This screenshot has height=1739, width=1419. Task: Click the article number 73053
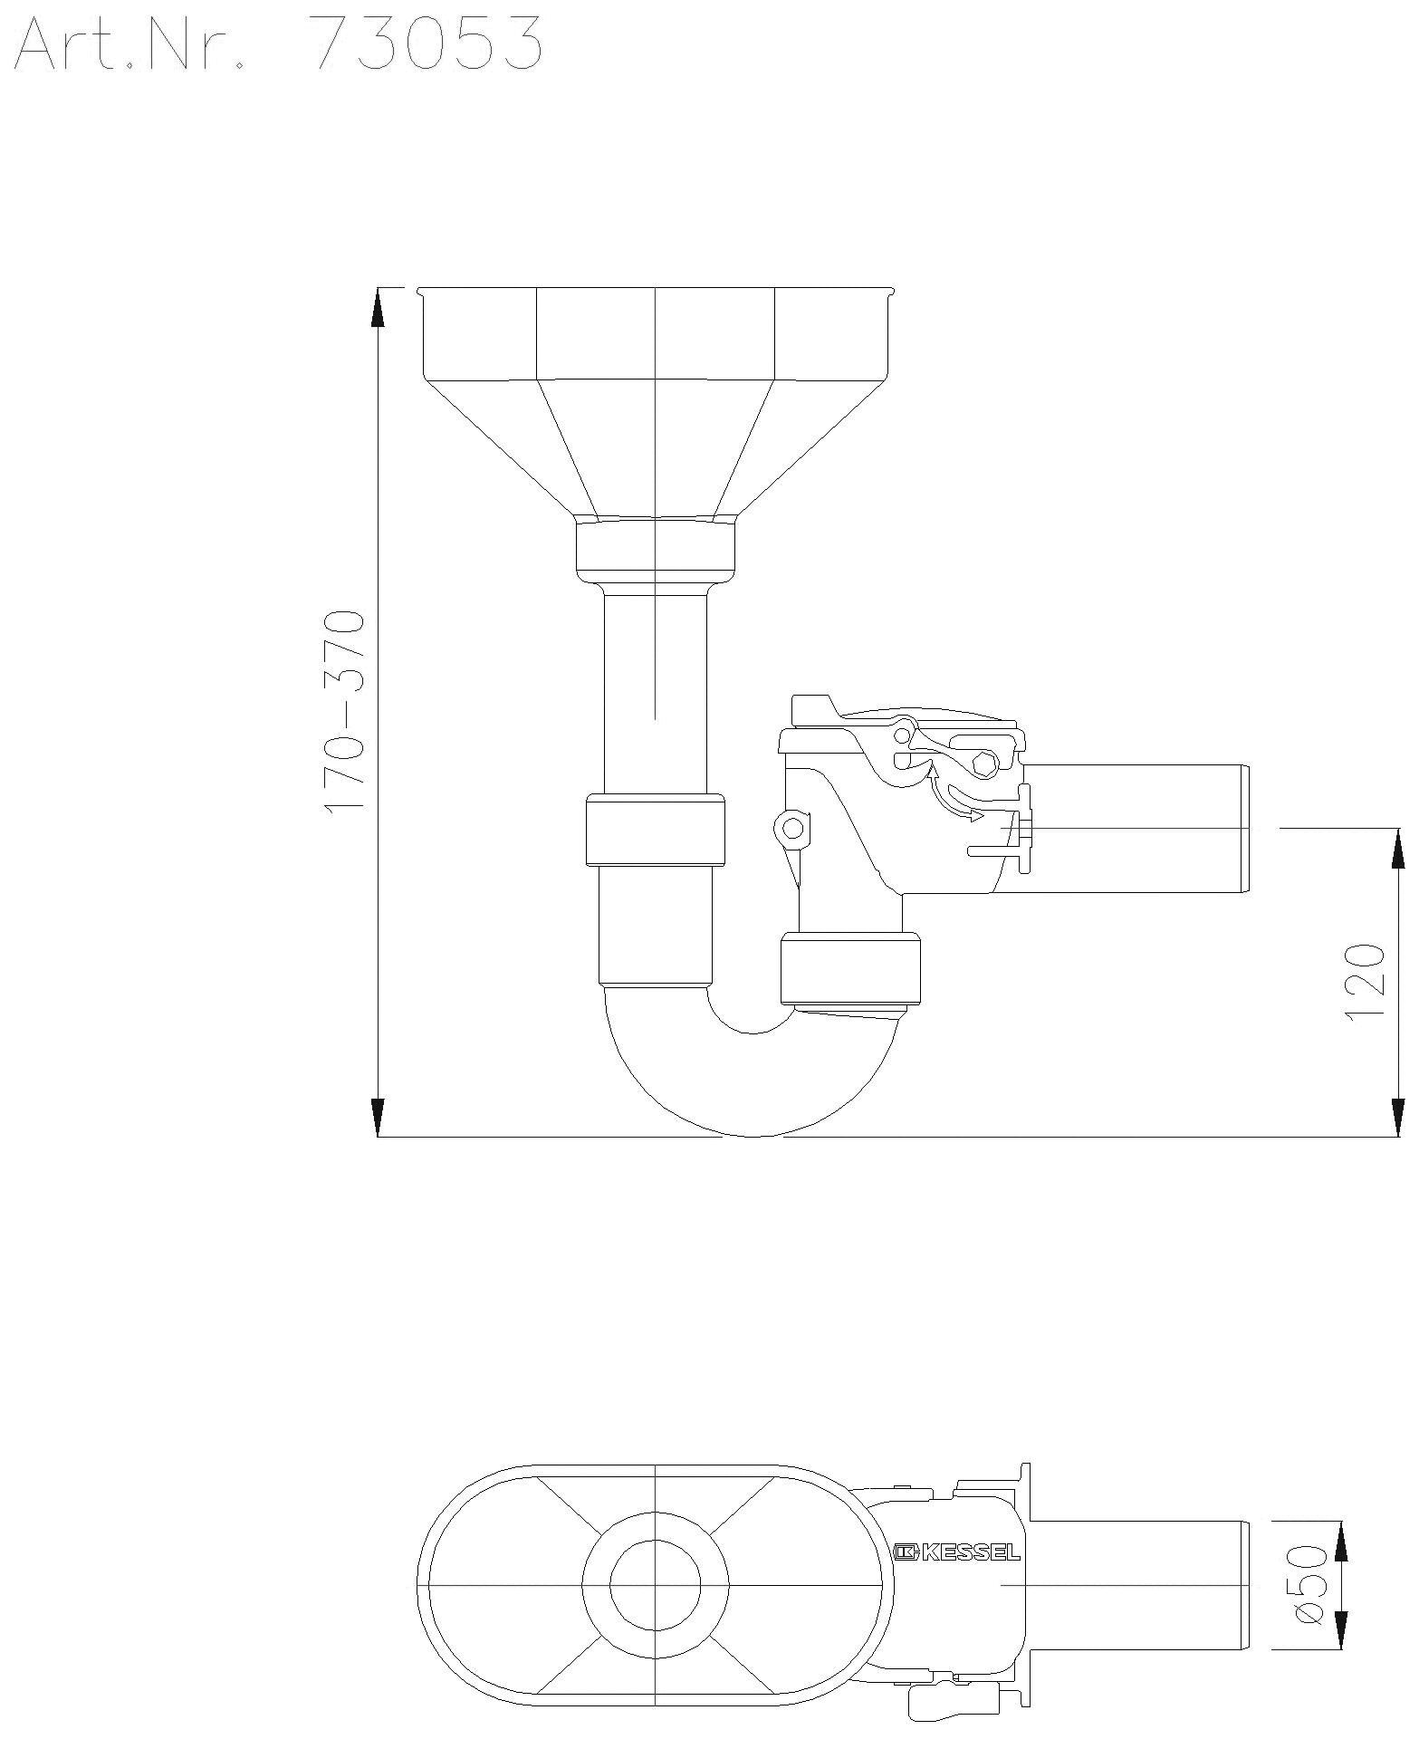tap(426, 43)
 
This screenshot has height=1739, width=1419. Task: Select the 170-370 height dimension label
tap(345, 711)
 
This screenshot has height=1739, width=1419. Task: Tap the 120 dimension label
tap(1365, 982)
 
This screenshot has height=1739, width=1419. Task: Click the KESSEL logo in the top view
tap(957, 1553)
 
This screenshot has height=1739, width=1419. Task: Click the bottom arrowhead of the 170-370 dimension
tap(378, 1116)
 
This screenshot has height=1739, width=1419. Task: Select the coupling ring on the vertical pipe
tap(656, 831)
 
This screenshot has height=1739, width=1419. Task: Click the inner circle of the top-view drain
tap(656, 1585)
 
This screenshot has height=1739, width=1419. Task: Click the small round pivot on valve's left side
tap(792, 827)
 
